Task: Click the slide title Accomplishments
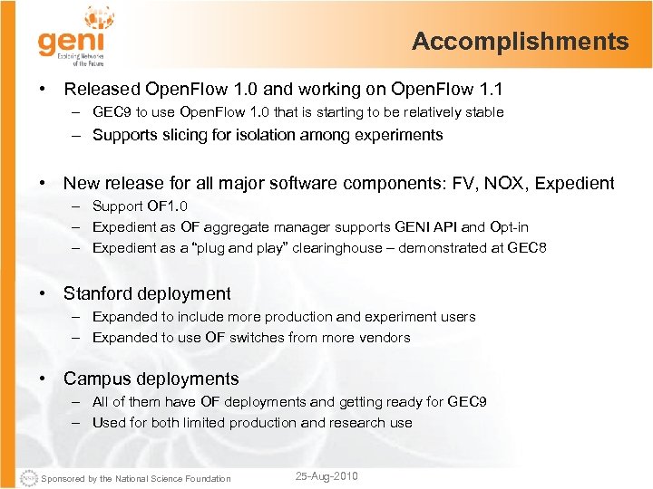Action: click(520, 42)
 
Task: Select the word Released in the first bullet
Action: click(102, 89)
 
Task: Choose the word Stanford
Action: click(101, 293)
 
